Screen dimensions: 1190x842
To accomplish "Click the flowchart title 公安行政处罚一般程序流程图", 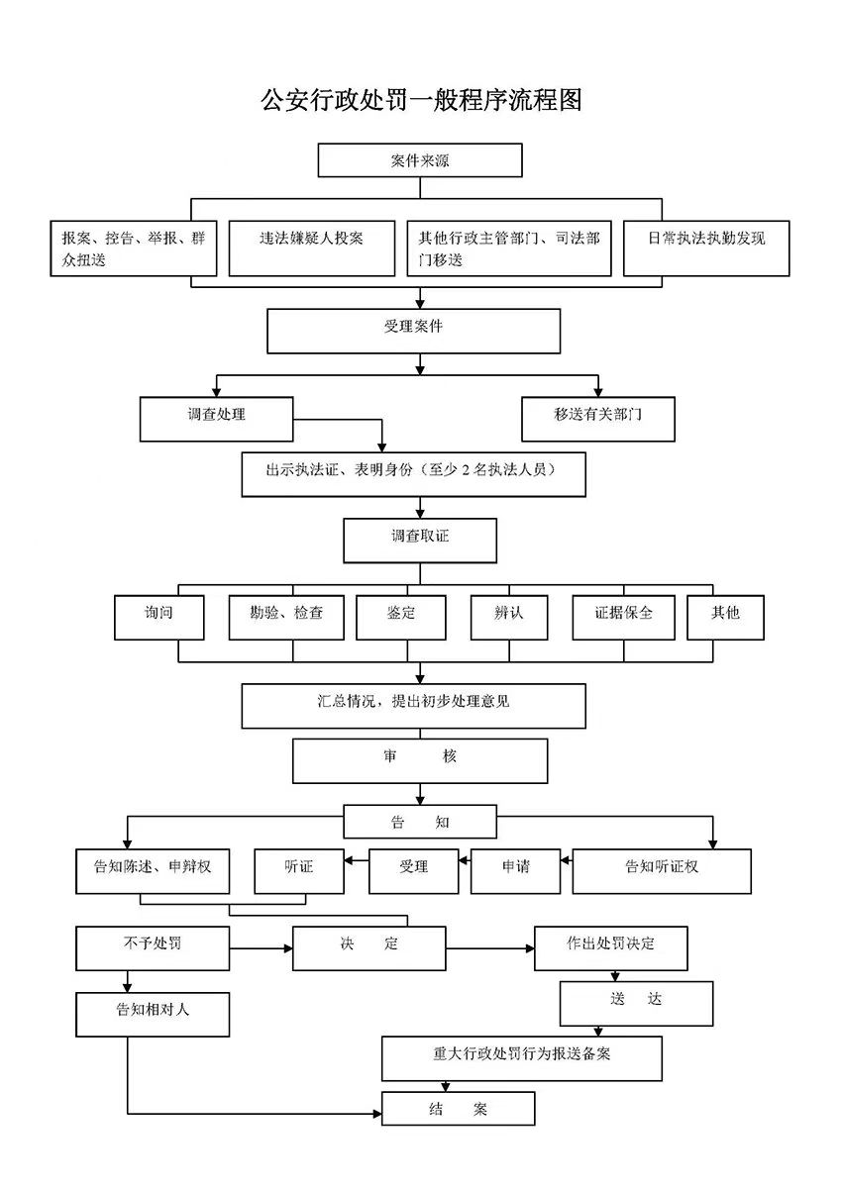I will [x=421, y=100].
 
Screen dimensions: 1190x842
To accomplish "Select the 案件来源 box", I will [x=419, y=160].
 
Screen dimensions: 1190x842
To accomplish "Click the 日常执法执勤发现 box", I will [x=705, y=248].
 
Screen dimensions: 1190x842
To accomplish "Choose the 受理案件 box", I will [x=413, y=331].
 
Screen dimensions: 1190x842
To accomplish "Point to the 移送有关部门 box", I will [x=597, y=419].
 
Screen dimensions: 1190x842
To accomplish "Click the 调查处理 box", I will [x=216, y=419].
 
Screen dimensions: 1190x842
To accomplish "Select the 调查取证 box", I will [x=419, y=541].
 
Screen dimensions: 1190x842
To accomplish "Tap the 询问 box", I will [x=158, y=617].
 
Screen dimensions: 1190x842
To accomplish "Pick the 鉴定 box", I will [x=400, y=617].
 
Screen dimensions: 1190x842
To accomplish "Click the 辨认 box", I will [x=508, y=617].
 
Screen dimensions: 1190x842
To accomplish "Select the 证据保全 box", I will [x=623, y=617].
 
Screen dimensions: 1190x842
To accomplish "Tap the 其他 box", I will [x=725, y=617].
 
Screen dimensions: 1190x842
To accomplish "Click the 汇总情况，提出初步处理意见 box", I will [x=413, y=705].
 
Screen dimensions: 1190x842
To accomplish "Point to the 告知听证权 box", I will [x=661, y=871].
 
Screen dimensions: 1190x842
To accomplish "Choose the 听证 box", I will [x=298, y=871].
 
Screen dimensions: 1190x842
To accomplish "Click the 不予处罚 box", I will [x=153, y=947].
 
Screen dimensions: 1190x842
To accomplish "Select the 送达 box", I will [x=636, y=1003].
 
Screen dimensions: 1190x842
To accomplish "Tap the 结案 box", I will [x=458, y=1108].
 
